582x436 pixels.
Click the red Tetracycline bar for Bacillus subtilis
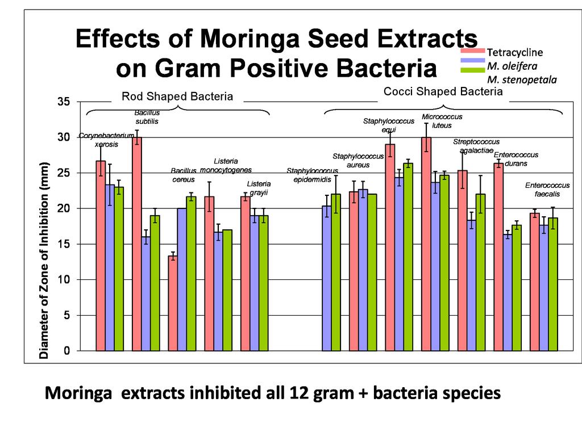(x=137, y=244)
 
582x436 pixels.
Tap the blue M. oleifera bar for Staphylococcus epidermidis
(x=327, y=278)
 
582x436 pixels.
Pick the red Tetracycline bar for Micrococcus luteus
(x=426, y=244)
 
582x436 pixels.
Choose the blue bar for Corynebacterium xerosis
(x=110, y=267)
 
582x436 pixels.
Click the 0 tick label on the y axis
(x=66, y=351)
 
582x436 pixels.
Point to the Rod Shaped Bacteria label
(x=177, y=97)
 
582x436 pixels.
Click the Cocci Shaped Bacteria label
(x=443, y=91)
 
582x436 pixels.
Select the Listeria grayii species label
(x=259, y=188)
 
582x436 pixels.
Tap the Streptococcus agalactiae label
(x=476, y=146)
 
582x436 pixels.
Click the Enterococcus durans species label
(x=516, y=159)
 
